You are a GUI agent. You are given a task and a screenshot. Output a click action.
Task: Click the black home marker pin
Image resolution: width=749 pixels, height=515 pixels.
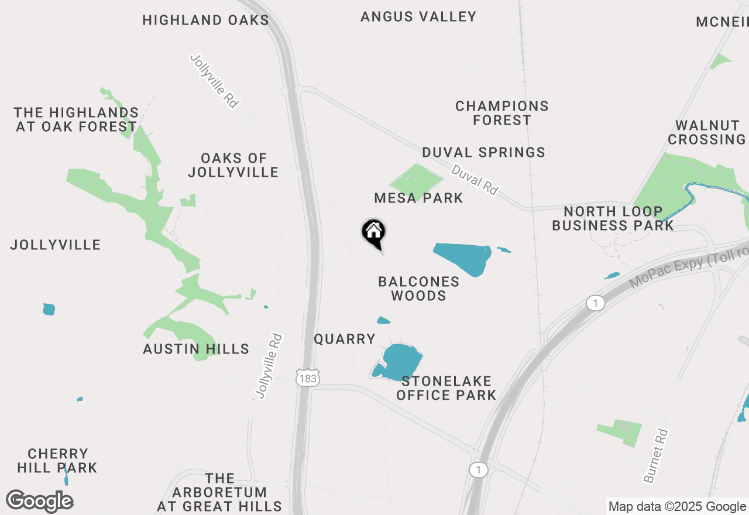373,232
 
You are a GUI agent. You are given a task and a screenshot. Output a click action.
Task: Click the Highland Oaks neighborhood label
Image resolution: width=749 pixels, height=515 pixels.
205,20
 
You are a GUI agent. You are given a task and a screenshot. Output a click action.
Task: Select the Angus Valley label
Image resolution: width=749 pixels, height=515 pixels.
418,16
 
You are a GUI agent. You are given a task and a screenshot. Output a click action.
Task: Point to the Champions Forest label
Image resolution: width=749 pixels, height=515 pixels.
502,113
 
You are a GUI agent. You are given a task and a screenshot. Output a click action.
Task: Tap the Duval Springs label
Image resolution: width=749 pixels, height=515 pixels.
484,152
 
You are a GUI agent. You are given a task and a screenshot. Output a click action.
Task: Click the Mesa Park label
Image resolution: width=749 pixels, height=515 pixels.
418,198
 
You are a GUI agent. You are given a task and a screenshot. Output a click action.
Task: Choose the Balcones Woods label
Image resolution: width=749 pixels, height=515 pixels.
418,289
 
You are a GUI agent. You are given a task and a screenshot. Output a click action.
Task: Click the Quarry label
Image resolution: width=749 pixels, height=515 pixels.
345,339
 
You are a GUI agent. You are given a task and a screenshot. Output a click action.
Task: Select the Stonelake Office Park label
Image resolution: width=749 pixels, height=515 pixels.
446,388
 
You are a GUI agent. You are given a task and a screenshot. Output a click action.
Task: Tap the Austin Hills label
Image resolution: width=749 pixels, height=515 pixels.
196,349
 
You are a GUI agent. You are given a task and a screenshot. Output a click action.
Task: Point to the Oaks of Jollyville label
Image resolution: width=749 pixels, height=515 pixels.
233,165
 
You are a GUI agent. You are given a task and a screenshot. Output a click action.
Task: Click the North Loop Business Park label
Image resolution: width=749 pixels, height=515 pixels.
613,218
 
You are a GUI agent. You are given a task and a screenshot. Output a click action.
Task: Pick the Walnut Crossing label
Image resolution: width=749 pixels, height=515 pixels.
707,132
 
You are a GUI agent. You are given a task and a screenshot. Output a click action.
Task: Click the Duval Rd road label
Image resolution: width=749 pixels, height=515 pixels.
475,179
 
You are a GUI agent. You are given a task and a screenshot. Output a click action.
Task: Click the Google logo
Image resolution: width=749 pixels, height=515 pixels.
40,501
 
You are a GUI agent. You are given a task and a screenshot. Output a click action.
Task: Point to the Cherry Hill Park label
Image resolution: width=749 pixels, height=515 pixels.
57,461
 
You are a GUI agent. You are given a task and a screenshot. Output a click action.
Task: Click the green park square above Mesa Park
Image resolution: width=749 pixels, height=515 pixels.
416,178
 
